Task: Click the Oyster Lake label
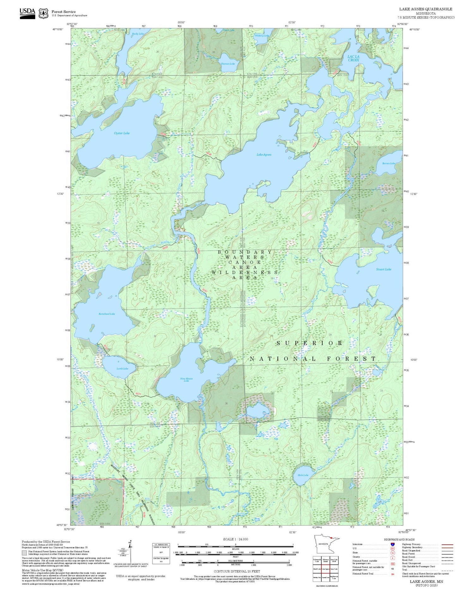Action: pos(122,133)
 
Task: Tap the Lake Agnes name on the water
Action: pos(264,155)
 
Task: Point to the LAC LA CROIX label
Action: pos(353,58)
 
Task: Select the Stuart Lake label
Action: pos(384,269)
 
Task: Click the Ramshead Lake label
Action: pos(107,314)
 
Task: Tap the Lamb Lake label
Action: pos(122,369)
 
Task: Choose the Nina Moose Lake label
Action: pos(186,380)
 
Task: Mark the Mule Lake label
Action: pos(303,475)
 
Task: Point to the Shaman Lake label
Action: pos(228,64)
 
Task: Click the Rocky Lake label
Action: pos(138,34)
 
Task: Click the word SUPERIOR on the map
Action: pos(310,343)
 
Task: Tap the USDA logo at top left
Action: pos(27,13)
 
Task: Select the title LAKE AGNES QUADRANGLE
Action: pos(426,9)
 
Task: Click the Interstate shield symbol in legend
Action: pos(392,544)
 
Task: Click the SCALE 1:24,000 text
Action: pos(235,539)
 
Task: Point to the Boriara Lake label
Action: pos(388,164)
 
